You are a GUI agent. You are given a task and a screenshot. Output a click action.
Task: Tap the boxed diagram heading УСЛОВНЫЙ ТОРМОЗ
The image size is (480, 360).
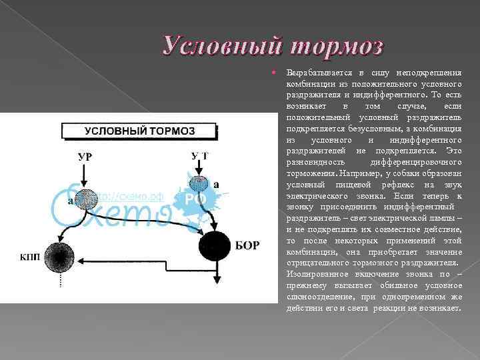139,131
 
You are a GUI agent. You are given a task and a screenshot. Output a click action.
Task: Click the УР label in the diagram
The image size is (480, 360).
85,157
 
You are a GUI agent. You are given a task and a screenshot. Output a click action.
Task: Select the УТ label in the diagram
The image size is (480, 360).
199,156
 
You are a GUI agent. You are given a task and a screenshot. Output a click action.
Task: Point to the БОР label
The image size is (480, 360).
247,245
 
